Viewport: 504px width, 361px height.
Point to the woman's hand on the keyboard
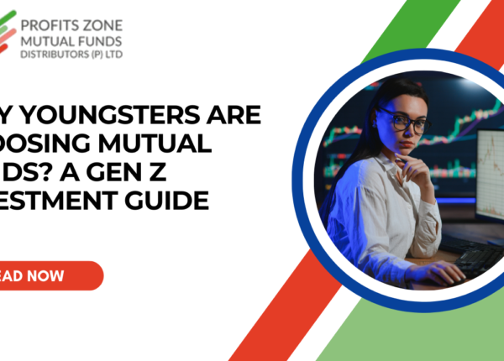tap(449, 270)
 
